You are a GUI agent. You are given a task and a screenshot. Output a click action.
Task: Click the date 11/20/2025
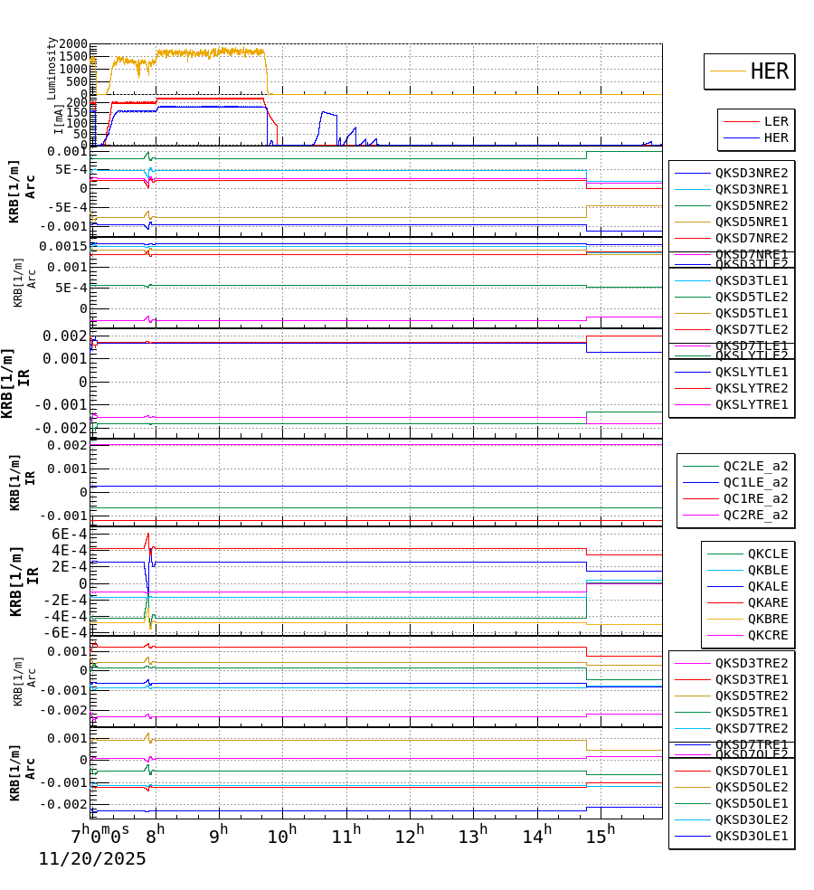tap(92, 859)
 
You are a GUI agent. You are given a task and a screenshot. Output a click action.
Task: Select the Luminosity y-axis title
tap(52, 68)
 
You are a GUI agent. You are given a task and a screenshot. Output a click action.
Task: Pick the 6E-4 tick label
tap(69, 534)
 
